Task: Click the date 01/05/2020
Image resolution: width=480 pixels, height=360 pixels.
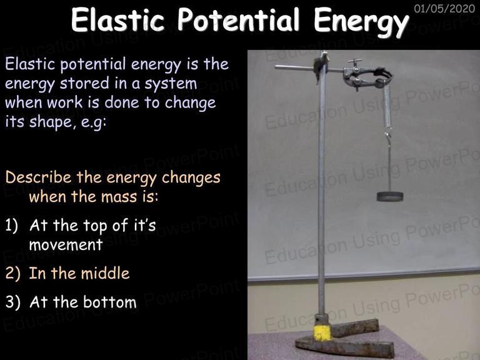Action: (x=444, y=8)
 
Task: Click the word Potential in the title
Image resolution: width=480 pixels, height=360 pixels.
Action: (x=238, y=19)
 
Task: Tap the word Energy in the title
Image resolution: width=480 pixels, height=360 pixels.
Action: (x=361, y=22)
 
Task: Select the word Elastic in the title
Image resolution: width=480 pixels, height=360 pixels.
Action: (x=117, y=19)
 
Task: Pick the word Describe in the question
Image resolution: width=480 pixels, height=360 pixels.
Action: (x=38, y=177)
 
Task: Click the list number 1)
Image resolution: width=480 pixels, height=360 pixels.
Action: (x=12, y=226)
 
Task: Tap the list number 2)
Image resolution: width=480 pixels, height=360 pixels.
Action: (x=13, y=273)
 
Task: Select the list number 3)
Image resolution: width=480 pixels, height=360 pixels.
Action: (x=13, y=302)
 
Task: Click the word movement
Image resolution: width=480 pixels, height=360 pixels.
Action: (x=66, y=245)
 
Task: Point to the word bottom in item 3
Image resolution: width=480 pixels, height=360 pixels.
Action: (x=110, y=302)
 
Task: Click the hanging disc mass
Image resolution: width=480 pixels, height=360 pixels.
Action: (x=390, y=196)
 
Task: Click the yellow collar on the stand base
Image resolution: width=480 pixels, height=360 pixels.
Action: (x=322, y=332)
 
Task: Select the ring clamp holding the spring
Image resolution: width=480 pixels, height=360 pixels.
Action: (x=367, y=76)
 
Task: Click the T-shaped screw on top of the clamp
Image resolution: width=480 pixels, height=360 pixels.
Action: (x=354, y=62)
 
